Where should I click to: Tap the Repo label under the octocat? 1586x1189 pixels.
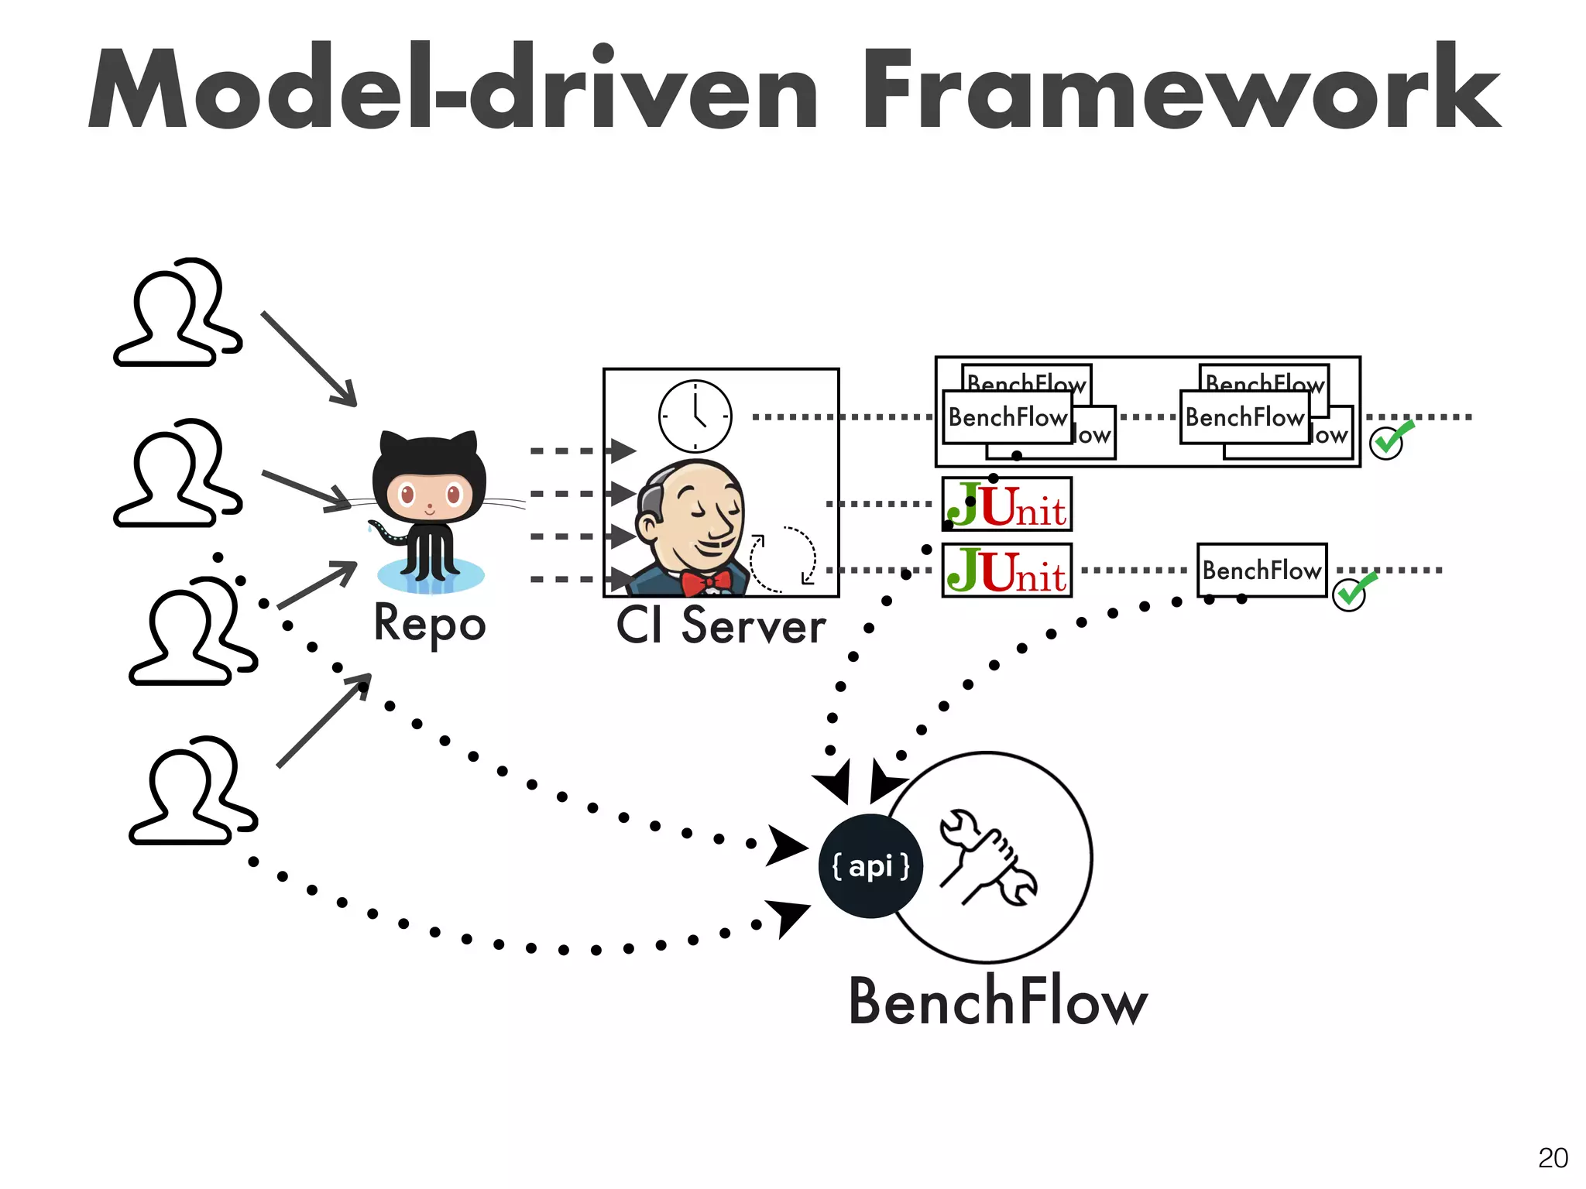tap(430, 624)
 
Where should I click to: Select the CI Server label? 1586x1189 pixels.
tap(720, 625)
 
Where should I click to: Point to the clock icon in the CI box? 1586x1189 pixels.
tap(695, 416)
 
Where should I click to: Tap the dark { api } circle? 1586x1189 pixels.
tap(870, 866)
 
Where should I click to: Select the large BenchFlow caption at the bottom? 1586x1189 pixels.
tap(997, 1002)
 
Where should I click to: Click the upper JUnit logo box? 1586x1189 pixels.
tap(1007, 505)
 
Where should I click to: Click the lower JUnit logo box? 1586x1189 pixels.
tap(1007, 571)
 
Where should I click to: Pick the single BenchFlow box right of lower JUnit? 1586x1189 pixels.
tap(1262, 571)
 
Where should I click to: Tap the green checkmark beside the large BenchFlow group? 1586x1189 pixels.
tap(1390, 440)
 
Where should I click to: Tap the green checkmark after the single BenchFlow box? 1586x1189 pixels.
tap(1352, 593)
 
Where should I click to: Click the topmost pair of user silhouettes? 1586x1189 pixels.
tap(178, 314)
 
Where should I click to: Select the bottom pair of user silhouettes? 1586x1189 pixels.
tap(192, 791)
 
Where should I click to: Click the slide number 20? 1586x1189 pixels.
tap(1552, 1158)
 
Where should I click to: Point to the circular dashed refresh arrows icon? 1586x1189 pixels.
tap(783, 560)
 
